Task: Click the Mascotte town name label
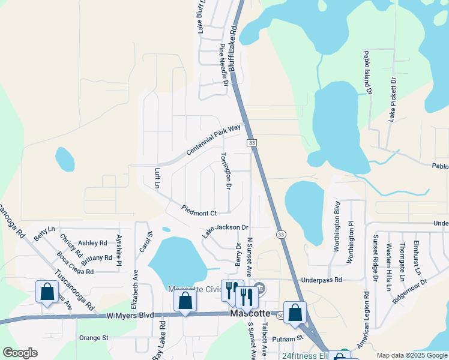pos(252,313)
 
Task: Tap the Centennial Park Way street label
pos(213,140)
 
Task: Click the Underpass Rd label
pos(322,280)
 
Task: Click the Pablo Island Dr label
pos(367,72)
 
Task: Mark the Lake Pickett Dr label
pos(393,99)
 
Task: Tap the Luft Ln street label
pos(158,178)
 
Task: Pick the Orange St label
pos(93,338)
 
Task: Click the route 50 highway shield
pos(281,314)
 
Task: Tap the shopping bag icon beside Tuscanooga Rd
pos(47,292)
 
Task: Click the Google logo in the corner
pos(20,353)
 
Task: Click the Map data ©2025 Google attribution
pos(412,355)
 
